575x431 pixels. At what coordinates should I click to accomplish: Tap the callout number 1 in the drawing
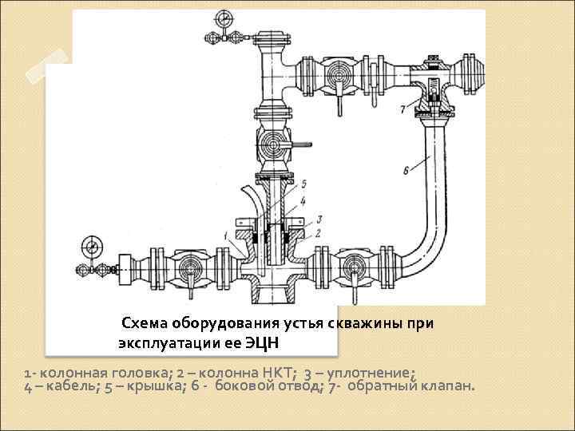(x=227, y=234)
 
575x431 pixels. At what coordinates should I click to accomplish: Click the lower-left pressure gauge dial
(x=88, y=245)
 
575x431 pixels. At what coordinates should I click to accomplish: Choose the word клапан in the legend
(x=450, y=387)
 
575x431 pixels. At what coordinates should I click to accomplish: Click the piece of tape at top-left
(x=47, y=63)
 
